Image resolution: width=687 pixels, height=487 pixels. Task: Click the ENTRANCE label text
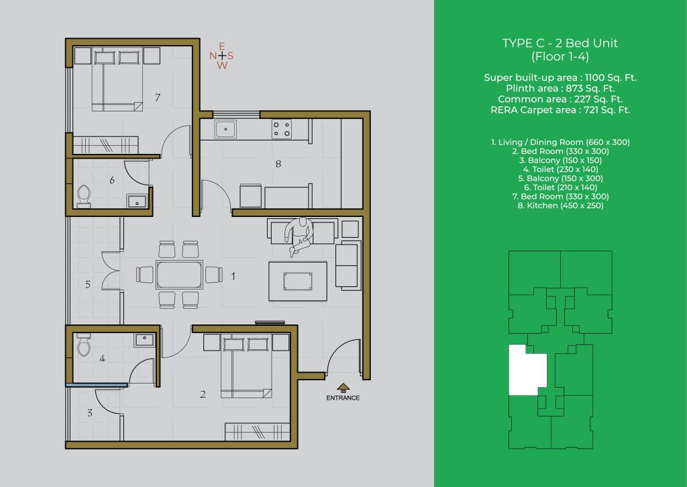coord(343,398)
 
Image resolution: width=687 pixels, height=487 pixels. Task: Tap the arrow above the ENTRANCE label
coord(343,388)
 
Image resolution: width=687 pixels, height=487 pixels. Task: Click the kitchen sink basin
coord(225,130)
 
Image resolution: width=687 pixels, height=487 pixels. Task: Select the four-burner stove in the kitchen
coord(281,130)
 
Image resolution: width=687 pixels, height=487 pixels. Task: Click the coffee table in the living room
coord(298,281)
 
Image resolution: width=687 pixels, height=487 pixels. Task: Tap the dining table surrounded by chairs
coord(179,275)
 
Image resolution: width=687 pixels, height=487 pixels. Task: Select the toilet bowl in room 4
coord(83,345)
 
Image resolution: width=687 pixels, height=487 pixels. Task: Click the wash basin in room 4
coord(145,340)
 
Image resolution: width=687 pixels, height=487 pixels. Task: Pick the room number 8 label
coord(278,164)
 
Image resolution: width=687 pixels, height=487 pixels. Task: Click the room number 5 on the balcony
coord(88,284)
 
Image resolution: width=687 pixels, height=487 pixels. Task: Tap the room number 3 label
coord(90,413)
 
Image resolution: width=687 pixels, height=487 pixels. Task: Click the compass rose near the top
coord(221,56)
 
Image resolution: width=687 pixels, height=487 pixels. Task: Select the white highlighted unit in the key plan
coord(527,370)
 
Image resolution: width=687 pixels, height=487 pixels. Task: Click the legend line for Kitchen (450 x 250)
coord(560,206)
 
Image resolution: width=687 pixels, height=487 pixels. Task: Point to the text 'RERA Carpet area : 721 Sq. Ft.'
coord(560,110)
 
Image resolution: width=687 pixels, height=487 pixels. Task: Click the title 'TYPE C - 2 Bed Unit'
coord(560,43)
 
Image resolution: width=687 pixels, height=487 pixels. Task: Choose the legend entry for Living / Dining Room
coord(560,142)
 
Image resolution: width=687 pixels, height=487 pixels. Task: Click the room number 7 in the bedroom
coord(158,97)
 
